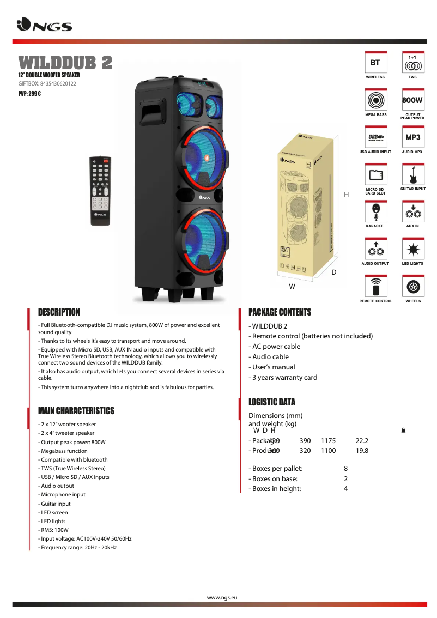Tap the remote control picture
point(100,190)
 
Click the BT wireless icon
point(375,63)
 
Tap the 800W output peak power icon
point(412,100)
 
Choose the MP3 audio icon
point(412,137)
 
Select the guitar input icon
point(412,175)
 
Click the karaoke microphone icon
point(375,211)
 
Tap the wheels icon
point(412,287)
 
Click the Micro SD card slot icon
point(375,175)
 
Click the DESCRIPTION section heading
point(59,312)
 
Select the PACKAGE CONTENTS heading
point(280,312)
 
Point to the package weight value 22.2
point(362,440)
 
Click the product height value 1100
point(328,451)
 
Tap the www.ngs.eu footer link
point(222,598)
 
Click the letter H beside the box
point(346,195)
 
